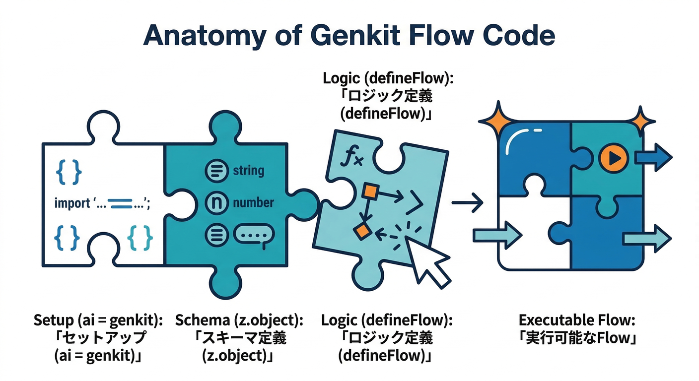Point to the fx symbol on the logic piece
click(x=352, y=158)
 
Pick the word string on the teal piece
click(x=248, y=171)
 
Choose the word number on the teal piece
click(x=253, y=202)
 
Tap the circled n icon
click(x=216, y=202)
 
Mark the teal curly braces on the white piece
click(x=140, y=237)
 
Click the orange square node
click(x=370, y=191)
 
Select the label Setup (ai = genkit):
click(x=98, y=320)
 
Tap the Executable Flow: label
click(x=577, y=320)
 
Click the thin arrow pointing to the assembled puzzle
click(x=467, y=202)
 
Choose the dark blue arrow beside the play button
click(x=653, y=157)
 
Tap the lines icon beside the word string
click(x=216, y=171)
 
